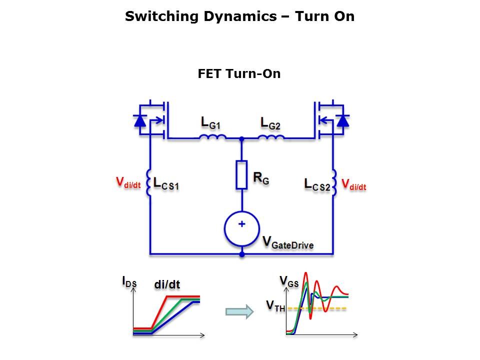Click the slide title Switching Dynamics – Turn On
point(239,16)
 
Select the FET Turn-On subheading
point(239,74)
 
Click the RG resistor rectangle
point(241,175)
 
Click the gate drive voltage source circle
point(241,228)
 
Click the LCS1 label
point(166,184)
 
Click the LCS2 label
point(317,184)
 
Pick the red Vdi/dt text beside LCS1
point(128,183)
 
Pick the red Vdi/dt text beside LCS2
point(354,184)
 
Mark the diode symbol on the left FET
point(140,120)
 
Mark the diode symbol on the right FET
point(343,120)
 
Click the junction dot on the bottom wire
point(241,254)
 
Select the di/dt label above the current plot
point(167,284)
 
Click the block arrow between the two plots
point(239,312)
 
